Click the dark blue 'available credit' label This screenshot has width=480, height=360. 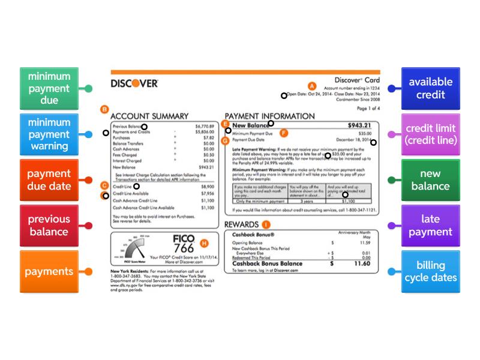click(430, 88)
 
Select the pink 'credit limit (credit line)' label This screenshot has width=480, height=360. click(430, 134)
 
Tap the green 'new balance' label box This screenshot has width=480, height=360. click(430, 179)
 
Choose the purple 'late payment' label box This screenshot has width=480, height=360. click(430, 226)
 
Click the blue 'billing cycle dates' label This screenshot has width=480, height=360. click(430, 271)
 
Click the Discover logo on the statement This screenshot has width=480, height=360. click(134, 83)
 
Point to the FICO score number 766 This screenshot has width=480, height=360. click(183, 248)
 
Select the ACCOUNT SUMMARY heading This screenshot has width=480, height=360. click(149, 116)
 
